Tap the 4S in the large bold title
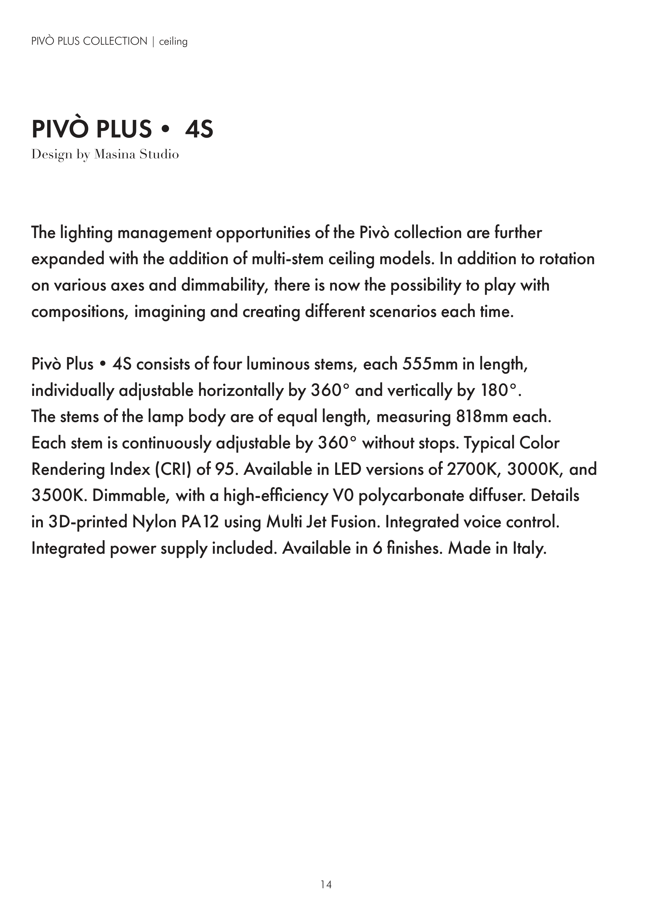(x=199, y=129)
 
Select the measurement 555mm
(x=430, y=364)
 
